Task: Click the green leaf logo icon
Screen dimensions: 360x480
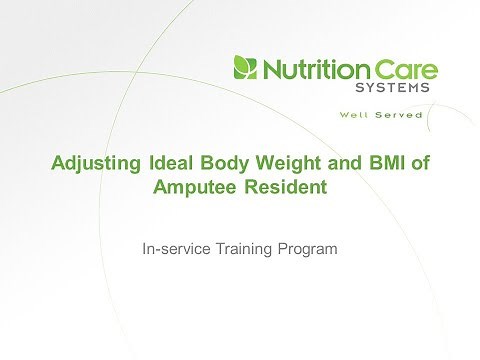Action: [x=244, y=69]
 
